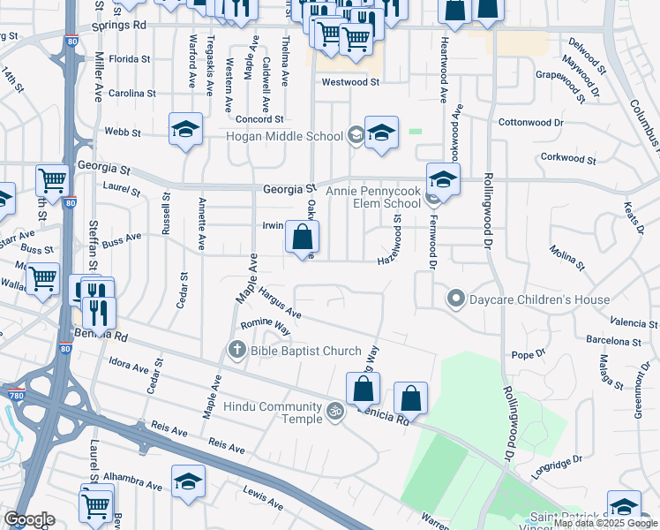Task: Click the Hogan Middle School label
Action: (284, 136)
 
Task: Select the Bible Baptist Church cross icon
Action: (236, 351)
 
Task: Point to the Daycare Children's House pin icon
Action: (455, 299)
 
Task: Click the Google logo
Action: (29, 519)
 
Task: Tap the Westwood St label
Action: (349, 82)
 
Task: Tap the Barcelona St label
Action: (614, 341)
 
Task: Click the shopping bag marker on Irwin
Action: (302, 238)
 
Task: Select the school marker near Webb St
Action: (185, 129)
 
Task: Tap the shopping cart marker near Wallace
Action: (42, 279)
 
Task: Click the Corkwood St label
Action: (568, 159)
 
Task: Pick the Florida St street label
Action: (131, 59)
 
